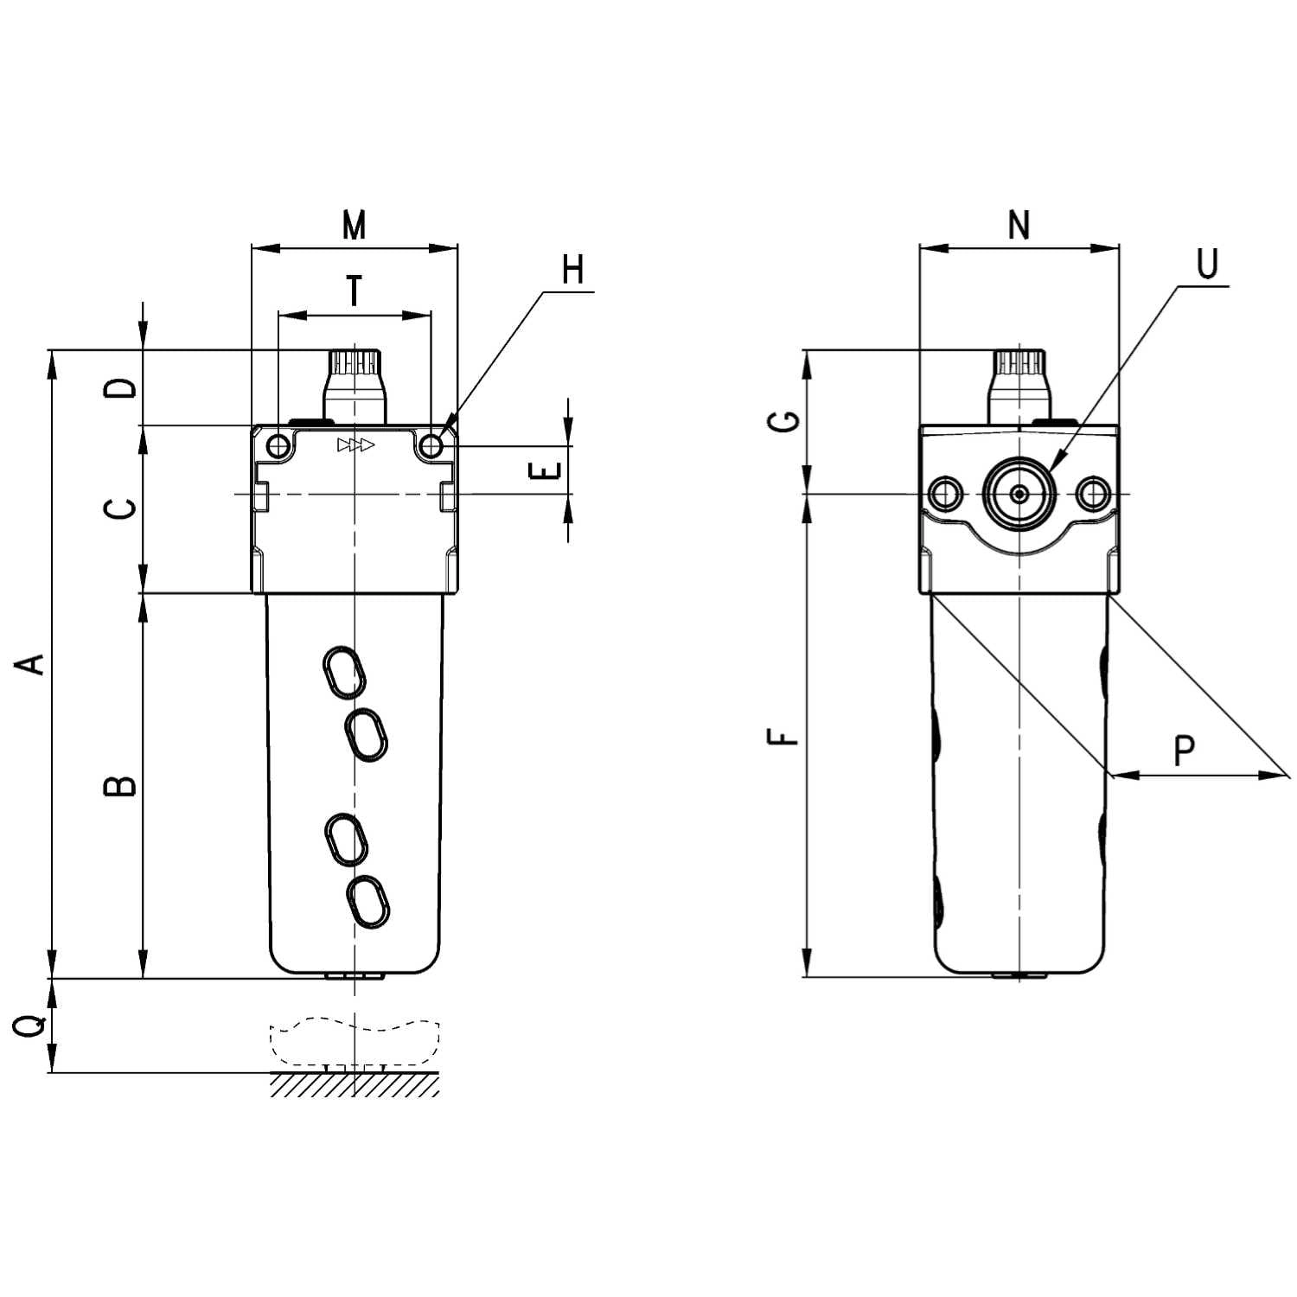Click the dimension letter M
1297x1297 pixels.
(x=355, y=225)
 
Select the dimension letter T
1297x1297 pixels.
(x=355, y=292)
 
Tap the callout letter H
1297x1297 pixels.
(x=572, y=270)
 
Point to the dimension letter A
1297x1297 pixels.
(x=32, y=664)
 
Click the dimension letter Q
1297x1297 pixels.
(x=32, y=1026)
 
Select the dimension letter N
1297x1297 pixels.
(x=1019, y=225)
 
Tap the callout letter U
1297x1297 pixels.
(x=1207, y=264)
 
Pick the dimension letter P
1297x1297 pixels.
(x=1185, y=751)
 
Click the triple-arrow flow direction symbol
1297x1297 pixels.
(x=356, y=446)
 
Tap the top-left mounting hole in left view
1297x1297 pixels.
(x=278, y=446)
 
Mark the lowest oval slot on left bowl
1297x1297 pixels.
(x=367, y=903)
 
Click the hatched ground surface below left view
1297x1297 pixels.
(x=355, y=1084)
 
